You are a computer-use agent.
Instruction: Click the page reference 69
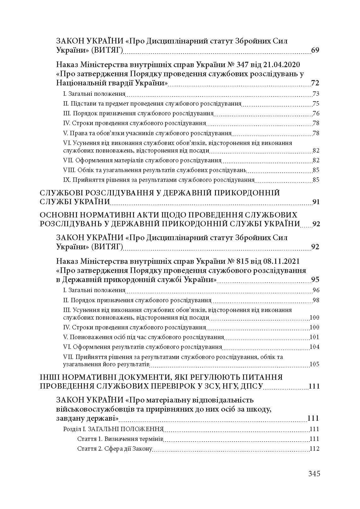(x=315, y=50)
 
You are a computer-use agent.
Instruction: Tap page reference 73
(x=316, y=94)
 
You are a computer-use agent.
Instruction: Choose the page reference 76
(x=316, y=113)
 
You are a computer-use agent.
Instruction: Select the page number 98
(x=316, y=300)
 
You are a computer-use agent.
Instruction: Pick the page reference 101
(x=315, y=337)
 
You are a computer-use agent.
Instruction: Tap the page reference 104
(x=315, y=347)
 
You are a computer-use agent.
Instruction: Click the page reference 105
(x=315, y=364)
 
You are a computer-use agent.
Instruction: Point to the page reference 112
(x=315, y=449)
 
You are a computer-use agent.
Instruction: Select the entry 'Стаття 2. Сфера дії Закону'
(x=115, y=449)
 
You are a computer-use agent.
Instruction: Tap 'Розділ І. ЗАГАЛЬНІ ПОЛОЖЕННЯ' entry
(x=113, y=429)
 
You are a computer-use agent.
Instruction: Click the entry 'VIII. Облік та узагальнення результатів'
(x=154, y=170)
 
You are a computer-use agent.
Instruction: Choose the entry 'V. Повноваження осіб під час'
(x=143, y=337)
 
